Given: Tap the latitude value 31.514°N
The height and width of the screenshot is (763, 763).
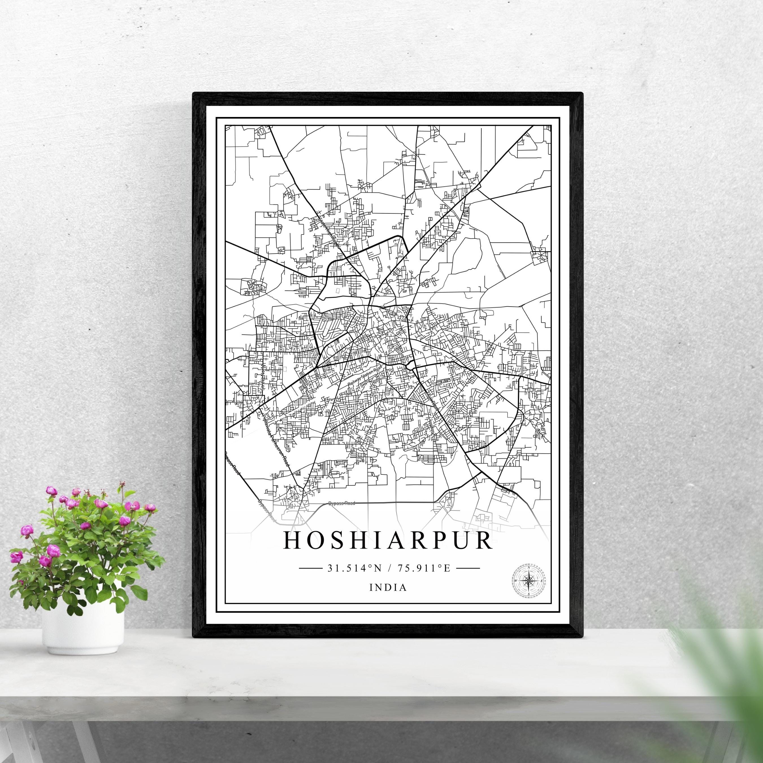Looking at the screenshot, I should tap(354, 568).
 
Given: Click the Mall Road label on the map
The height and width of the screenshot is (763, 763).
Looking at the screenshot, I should tap(431, 400).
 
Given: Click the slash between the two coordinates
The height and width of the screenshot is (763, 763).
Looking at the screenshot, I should tap(389, 568).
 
